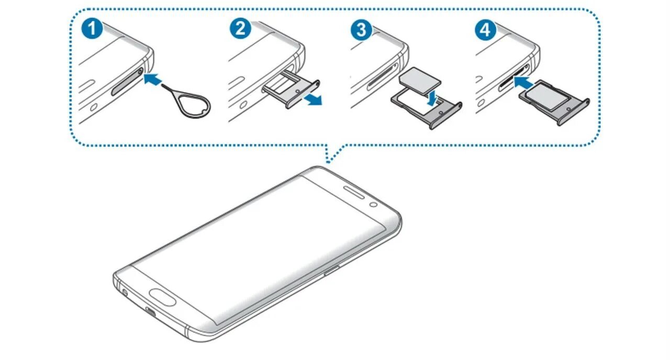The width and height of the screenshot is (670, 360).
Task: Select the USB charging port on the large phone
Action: (151, 313)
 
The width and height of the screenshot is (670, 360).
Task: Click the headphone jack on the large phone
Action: (125, 291)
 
